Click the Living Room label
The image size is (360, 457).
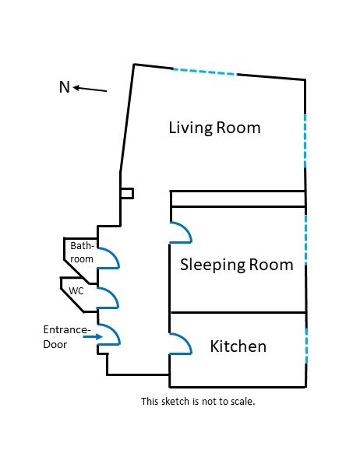pos(215,128)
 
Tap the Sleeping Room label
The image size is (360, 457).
pos(237,265)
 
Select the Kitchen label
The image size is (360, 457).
pos(238,346)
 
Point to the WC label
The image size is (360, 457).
pos(76,291)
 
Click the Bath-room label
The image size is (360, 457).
pos(82,252)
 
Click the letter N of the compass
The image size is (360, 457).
pos(65,87)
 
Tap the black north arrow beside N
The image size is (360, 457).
pos(90,89)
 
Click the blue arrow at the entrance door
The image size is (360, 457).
pos(93,336)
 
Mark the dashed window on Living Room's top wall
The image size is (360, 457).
pos(205,72)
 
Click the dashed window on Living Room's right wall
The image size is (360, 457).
pos(305,141)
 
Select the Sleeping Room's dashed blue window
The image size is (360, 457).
pos(305,240)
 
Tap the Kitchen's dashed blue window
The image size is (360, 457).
pos(306,346)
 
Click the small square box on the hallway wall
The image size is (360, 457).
pos(127,194)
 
